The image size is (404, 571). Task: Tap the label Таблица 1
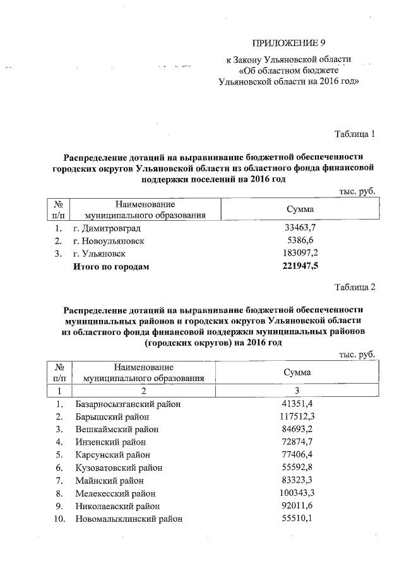pyautogui.click(x=355, y=134)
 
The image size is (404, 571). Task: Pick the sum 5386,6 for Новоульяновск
pyautogui.click(x=300, y=241)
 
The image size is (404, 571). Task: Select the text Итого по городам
pyautogui.click(x=112, y=267)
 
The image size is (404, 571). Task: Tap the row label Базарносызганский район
pyautogui.click(x=128, y=404)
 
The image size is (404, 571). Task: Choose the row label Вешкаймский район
pyautogui.click(x=116, y=429)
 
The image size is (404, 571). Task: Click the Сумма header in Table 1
pyautogui.click(x=300, y=209)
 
